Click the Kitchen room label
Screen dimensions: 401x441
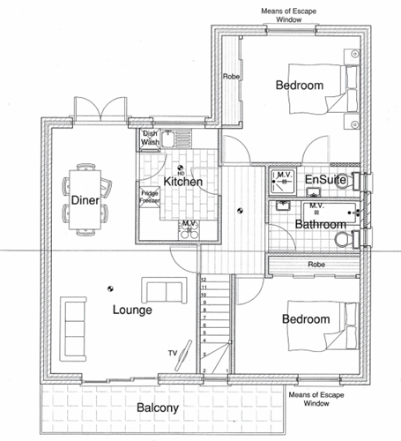click(182, 182)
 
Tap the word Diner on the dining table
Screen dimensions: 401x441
click(85, 200)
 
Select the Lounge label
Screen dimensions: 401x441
click(132, 310)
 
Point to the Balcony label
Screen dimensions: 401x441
click(158, 407)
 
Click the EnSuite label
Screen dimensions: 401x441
click(325, 179)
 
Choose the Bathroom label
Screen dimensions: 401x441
click(320, 224)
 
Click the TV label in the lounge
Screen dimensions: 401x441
click(173, 353)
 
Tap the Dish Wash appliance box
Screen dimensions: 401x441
click(150, 138)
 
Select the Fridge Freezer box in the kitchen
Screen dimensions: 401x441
click(150, 197)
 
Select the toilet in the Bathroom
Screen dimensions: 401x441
click(347, 238)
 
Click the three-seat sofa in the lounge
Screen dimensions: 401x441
click(73, 329)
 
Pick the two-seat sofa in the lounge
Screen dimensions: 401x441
click(165, 290)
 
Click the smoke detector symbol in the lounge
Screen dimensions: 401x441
click(110, 288)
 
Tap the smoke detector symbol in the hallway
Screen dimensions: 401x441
click(240, 211)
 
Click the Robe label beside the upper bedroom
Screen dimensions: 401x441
click(231, 77)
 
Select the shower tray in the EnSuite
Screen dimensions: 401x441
click(282, 182)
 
